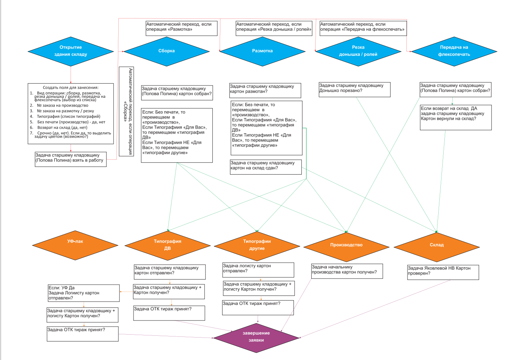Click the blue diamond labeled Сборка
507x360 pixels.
(x=166, y=51)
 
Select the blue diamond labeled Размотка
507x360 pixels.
(x=262, y=51)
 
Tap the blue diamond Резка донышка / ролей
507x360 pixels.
(x=358, y=51)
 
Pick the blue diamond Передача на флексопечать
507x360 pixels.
(x=454, y=51)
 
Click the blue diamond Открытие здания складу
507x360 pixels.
(x=71, y=51)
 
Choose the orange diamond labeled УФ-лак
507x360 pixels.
(x=75, y=245)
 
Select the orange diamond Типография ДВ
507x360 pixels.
(x=168, y=245)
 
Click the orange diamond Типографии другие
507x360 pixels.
(x=257, y=245)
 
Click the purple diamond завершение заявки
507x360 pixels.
(x=256, y=337)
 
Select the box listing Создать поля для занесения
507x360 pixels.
(x=71, y=114)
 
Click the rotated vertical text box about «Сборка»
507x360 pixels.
(x=126, y=112)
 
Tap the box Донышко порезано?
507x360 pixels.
(x=354, y=89)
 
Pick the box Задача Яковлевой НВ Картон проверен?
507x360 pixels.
(x=443, y=272)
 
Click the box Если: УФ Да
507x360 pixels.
(x=84, y=293)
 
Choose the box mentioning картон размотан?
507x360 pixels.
(x=265, y=91)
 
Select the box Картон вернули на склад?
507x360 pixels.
(x=456, y=117)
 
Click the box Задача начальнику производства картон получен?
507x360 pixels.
(x=347, y=271)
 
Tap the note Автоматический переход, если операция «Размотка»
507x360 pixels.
(x=181, y=28)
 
